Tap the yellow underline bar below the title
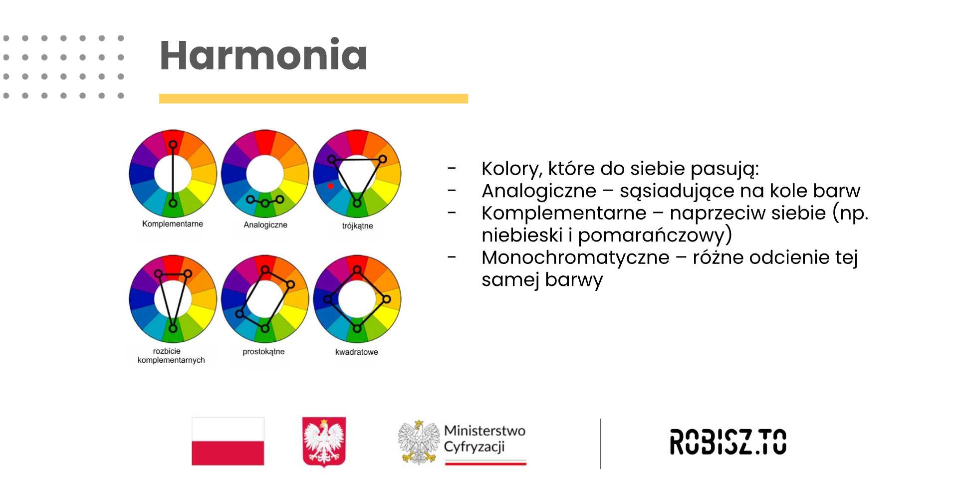click(x=313, y=99)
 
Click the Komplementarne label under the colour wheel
click(x=173, y=224)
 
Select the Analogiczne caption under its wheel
click(x=265, y=225)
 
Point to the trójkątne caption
click(x=357, y=226)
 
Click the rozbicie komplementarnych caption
click(x=171, y=355)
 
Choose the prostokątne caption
click(x=263, y=352)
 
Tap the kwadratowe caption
click(x=356, y=352)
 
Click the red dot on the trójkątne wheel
click(x=331, y=186)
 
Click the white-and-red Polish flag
click(x=228, y=441)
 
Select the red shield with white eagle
click(x=324, y=442)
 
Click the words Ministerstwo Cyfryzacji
click(x=484, y=439)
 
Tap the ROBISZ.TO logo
click(x=728, y=442)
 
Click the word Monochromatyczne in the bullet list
click(x=575, y=257)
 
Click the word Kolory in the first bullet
click(x=512, y=169)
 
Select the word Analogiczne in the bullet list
click(x=539, y=191)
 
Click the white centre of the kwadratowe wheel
click(x=357, y=299)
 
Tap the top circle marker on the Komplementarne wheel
click(x=173, y=145)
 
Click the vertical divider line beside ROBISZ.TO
click(x=600, y=444)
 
